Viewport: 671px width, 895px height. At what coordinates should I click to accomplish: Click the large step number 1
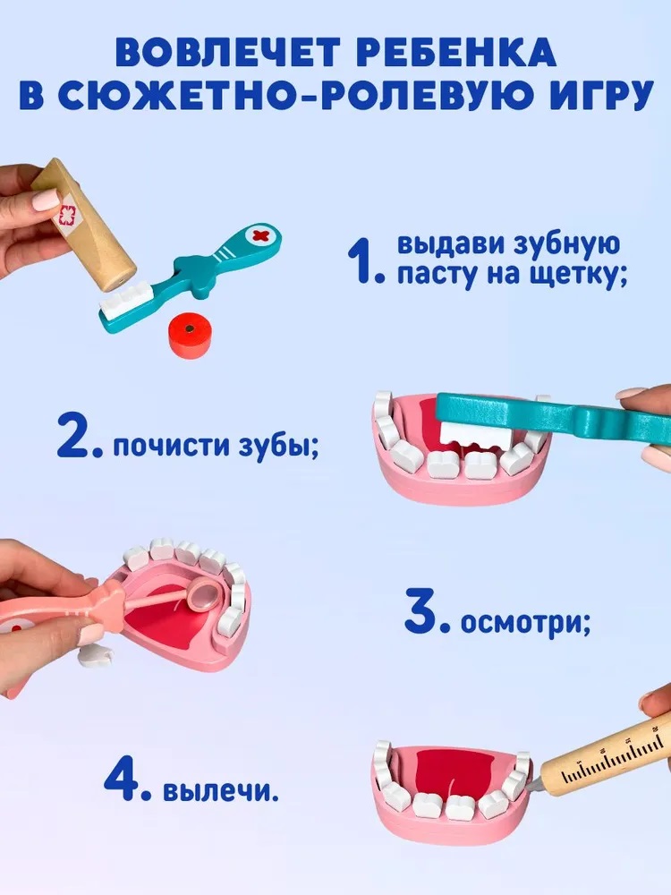click(363, 260)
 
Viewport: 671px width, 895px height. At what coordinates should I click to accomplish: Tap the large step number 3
click(426, 612)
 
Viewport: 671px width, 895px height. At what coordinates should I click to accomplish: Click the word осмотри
click(525, 622)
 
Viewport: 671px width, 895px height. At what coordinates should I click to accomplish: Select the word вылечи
click(221, 791)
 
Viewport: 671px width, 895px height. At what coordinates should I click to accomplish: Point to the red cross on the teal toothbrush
click(260, 235)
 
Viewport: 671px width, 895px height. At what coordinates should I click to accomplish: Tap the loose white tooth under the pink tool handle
click(95, 655)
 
